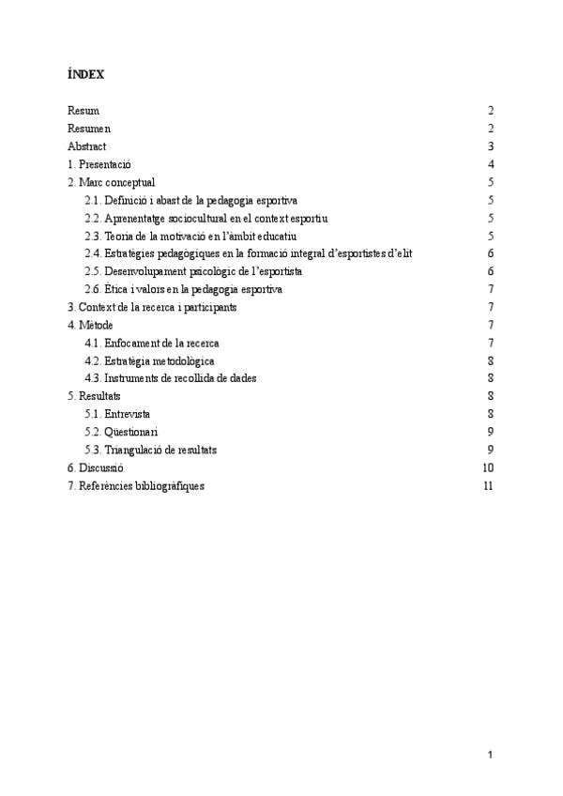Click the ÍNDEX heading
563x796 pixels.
pos(85,73)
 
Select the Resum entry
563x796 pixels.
pos(84,111)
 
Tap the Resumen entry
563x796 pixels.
pos(89,129)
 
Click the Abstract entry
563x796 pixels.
pos(87,146)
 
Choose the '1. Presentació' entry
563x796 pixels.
pos(99,164)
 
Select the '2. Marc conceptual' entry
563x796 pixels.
pos(112,182)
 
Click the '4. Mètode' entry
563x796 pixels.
pos(90,325)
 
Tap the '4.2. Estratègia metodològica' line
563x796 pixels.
pos(149,360)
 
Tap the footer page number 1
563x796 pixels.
pos(490,754)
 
